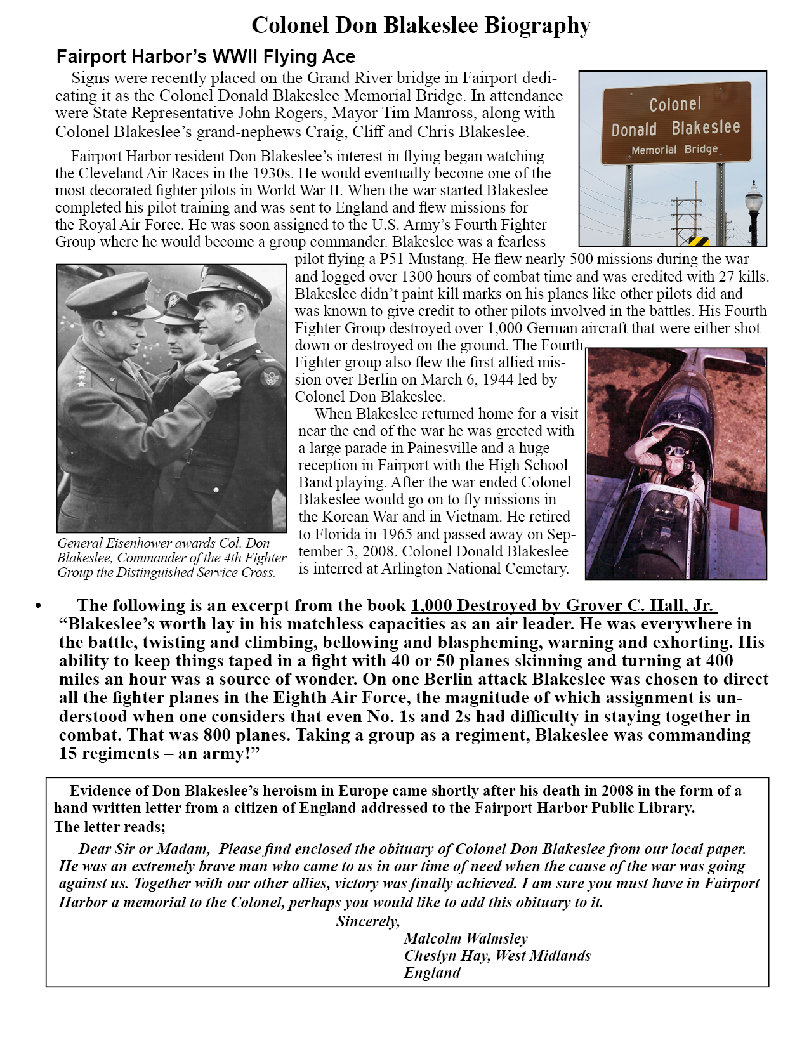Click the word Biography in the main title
[537, 25]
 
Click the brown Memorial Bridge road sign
[676, 122]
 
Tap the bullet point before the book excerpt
[39, 606]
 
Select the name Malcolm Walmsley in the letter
[465, 938]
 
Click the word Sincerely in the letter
[368, 921]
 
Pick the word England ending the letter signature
[432, 973]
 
